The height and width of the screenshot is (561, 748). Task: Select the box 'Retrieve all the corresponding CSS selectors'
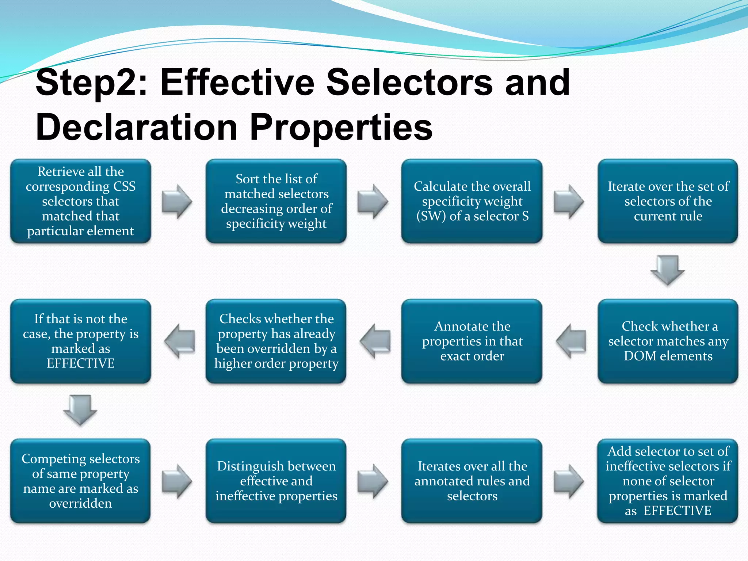pos(81,201)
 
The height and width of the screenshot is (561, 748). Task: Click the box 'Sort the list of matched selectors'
pos(276,201)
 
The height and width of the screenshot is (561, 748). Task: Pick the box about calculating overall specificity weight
pos(472,201)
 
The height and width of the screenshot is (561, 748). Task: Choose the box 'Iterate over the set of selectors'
pos(668,201)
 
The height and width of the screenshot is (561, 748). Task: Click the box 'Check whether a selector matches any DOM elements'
pos(668,341)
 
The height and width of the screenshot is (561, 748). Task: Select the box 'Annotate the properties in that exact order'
pos(472,341)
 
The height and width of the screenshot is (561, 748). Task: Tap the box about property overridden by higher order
pos(276,341)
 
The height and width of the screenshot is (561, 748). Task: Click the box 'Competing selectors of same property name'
pos(81,481)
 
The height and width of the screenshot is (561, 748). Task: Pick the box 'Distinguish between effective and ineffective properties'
pos(276,481)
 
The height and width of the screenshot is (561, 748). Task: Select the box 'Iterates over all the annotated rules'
pos(472,481)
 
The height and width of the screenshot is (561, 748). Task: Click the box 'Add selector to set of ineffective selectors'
pos(668,481)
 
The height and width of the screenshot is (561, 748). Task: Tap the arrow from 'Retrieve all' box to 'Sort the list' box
pos(177,201)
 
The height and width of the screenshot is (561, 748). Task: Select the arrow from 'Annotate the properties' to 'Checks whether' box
pos(375,341)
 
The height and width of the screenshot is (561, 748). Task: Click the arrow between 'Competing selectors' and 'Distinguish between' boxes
pos(177,481)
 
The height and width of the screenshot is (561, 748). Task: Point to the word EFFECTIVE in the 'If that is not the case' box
pos(81,363)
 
